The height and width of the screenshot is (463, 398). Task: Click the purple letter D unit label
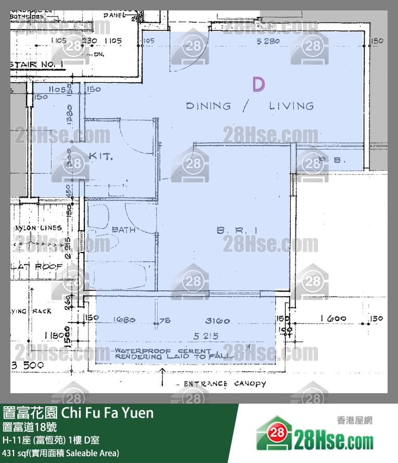pos(259,84)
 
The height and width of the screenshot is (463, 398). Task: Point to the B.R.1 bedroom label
pos(237,229)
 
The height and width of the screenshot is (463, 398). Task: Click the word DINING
pos(208,106)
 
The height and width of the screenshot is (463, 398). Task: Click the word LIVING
pos(291,106)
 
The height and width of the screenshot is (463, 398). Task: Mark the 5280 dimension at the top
pos(268,41)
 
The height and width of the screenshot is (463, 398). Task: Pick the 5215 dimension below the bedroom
pos(205,336)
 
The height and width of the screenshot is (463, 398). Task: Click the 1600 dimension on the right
pos(333,319)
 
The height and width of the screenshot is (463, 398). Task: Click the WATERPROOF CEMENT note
pos(163,351)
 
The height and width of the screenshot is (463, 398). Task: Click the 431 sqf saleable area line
pos(61,453)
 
